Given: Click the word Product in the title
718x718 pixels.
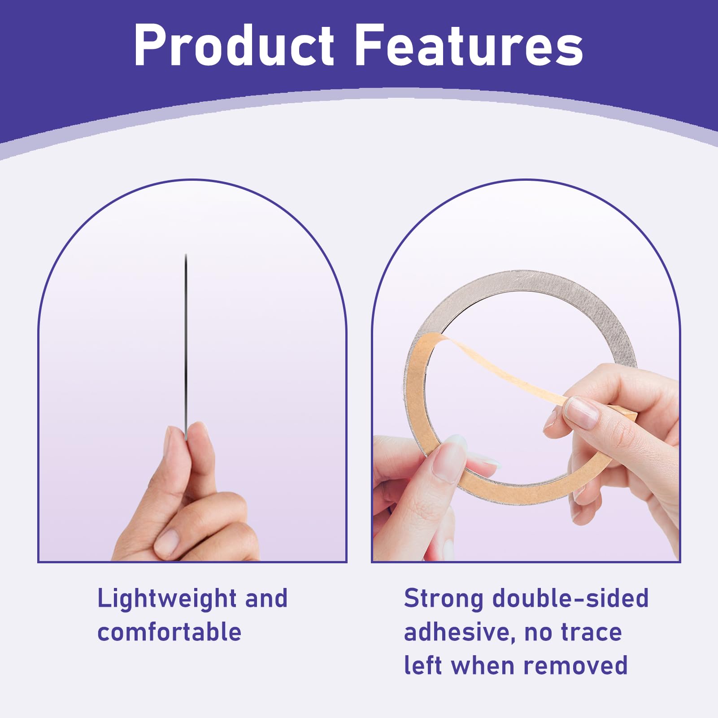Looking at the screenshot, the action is tap(234, 45).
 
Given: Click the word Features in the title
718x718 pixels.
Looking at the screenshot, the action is tap(469, 45).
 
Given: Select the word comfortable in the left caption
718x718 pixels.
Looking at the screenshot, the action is tap(170, 632).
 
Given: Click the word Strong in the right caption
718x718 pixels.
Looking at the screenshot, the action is tap(444, 599).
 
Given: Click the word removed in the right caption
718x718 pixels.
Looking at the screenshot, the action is tap(575, 666).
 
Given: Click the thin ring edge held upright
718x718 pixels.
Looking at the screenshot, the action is tap(186, 345).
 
